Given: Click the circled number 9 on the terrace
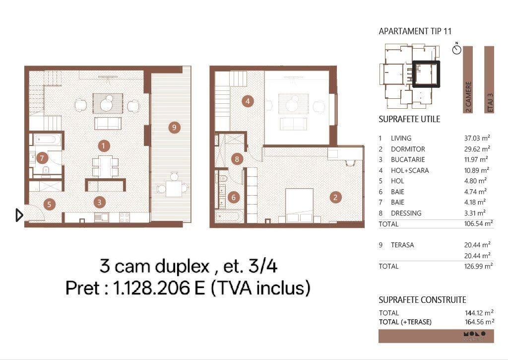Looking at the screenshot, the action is [x=174, y=127].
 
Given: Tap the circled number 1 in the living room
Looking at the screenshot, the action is [x=103, y=146].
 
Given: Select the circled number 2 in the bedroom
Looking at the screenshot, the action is [x=335, y=197].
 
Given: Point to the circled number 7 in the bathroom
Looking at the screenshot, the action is [x=42, y=158].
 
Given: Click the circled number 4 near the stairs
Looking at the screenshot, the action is [x=248, y=101].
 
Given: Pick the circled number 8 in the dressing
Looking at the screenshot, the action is [x=237, y=159].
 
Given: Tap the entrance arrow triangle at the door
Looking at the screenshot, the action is [x=19, y=215].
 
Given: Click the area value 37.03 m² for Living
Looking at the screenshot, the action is [x=477, y=138].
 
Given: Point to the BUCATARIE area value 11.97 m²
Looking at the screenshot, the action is [x=476, y=159].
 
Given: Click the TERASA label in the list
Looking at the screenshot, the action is [x=402, y=245].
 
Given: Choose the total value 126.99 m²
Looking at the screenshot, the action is [x=478, y=266].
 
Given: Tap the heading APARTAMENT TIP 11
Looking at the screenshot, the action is [x=415, y=31].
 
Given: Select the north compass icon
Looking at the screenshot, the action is [x=457, y=49].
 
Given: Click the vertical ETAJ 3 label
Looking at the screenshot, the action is [x=490, y=102].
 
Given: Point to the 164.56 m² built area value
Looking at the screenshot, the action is [x=480, y=322].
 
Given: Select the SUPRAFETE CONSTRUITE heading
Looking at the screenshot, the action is [x=423, y=300].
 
